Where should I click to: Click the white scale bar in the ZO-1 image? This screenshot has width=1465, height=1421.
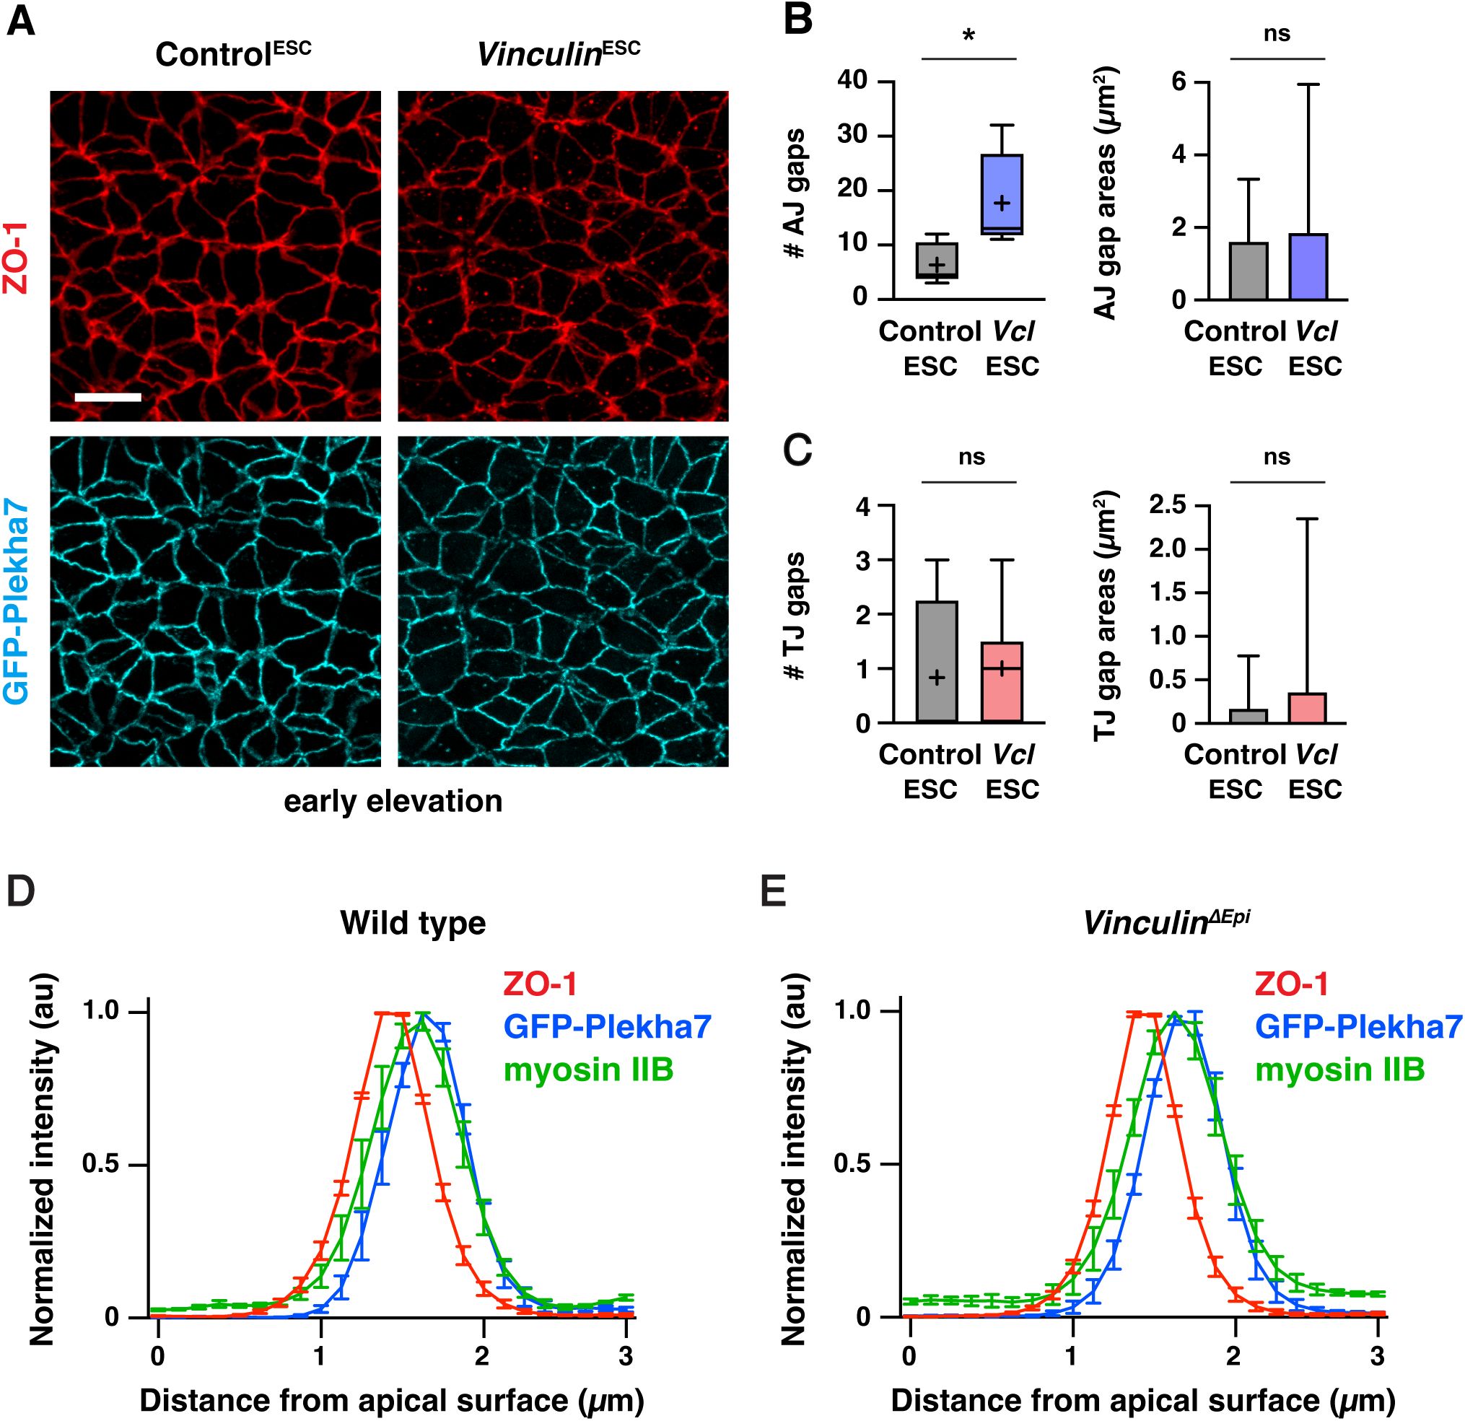[x=108, y=397]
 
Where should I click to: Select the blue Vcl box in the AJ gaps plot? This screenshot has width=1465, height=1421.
[x=1002, y=194]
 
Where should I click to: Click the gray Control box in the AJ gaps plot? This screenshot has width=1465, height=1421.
[x=937, y=260]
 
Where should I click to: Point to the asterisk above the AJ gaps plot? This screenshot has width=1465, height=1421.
[x=969, y=36]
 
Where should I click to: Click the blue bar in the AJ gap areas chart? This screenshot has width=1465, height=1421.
[x=1308, y=267]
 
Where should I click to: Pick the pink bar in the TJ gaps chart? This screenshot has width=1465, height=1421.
[x=1002, y=682]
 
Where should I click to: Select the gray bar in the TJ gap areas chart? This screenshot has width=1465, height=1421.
[x=1248, y=715]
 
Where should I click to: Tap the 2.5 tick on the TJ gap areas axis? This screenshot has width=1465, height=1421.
[x=1168, y=505]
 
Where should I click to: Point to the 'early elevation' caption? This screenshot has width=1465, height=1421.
[x=393, y=801]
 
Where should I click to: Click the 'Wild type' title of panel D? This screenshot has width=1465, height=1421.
[x=413, y=922]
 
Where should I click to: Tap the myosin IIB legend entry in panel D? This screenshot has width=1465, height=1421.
[x=588, y=1069]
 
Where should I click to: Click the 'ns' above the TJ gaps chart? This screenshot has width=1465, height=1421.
[x=971, y=458]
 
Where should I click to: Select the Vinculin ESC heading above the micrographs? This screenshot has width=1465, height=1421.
[x=559, y=54]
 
